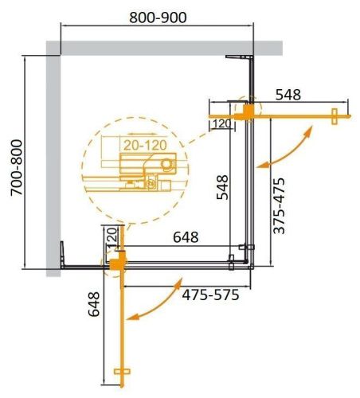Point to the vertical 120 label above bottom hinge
coord(112,236)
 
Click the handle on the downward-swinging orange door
coord(122,373)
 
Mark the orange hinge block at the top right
coord(249,111)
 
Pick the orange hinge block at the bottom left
coord(117,260)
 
